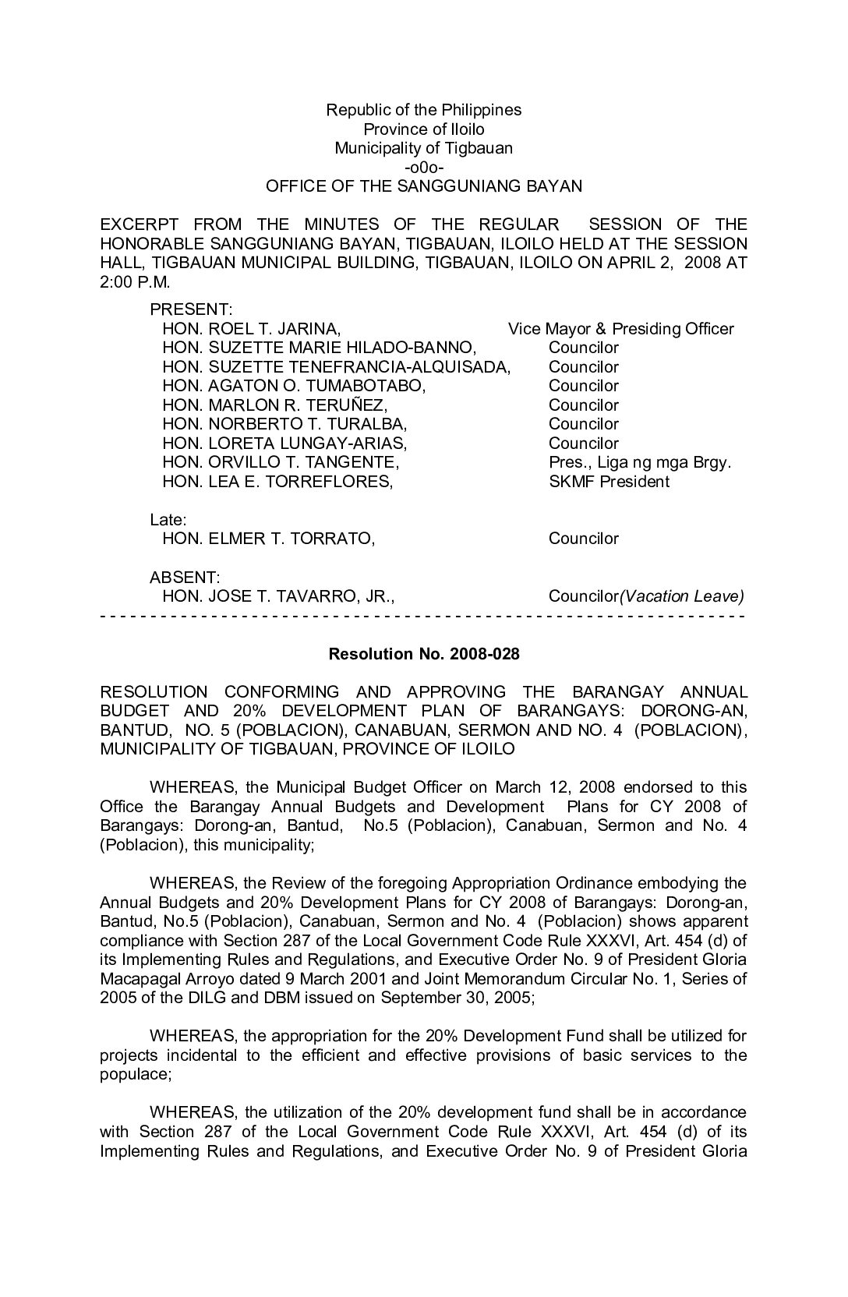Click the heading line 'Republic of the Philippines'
[423, 110]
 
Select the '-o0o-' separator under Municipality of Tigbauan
[424, 167]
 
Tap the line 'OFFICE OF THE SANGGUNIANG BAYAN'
[424, 186]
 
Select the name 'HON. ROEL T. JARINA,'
[251, 329]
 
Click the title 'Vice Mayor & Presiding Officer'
[621, 329]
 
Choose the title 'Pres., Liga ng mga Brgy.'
[640, 462]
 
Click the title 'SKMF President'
[609, 482]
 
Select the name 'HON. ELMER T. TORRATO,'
[268, 539]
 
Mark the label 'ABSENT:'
[185, 577]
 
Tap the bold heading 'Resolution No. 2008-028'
[424, 654]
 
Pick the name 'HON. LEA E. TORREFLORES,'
[277, 482]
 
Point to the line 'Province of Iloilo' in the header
[424, 129]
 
